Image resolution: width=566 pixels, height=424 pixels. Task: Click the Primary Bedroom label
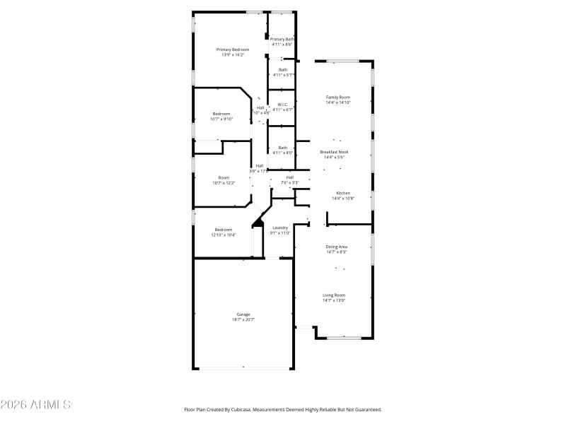(233, 49)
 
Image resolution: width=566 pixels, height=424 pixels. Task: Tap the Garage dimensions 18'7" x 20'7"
(243, 320)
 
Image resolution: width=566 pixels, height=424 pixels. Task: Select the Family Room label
(337, 97)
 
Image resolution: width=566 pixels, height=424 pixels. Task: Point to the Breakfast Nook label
(334, 152)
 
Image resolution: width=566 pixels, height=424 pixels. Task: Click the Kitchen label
(343, 193)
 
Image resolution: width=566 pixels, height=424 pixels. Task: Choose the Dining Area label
(336, 247)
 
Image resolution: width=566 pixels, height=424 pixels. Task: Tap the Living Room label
(335, 295)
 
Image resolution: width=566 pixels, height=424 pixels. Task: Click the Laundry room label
(280, 228)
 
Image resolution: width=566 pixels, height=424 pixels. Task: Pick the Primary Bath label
(282, 39)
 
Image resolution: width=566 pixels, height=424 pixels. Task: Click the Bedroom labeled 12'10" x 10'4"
(224, 230)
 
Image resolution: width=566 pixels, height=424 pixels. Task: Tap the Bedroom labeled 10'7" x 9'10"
(221, 114)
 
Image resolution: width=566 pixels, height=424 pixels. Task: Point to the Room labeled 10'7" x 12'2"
(224, 178)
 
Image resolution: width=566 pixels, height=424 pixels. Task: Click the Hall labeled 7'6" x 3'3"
(290, 177)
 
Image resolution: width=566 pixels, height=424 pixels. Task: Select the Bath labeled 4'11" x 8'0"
(282, 148)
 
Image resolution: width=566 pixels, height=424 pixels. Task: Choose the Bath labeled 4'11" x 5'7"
(283, 69)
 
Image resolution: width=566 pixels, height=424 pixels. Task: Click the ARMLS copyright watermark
(35, 405)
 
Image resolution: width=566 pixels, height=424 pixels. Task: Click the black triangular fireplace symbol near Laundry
(258, 225)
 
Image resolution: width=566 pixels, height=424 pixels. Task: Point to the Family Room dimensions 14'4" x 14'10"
(337, 102)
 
